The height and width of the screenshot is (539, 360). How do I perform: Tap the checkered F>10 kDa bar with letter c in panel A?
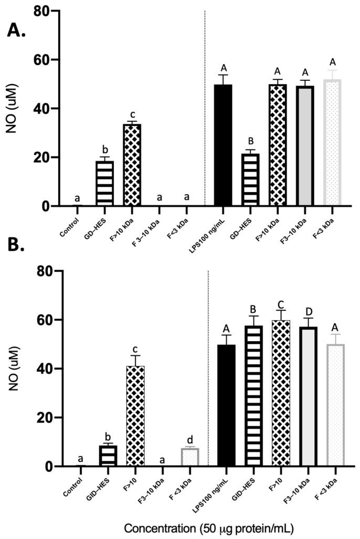point(132,165)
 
